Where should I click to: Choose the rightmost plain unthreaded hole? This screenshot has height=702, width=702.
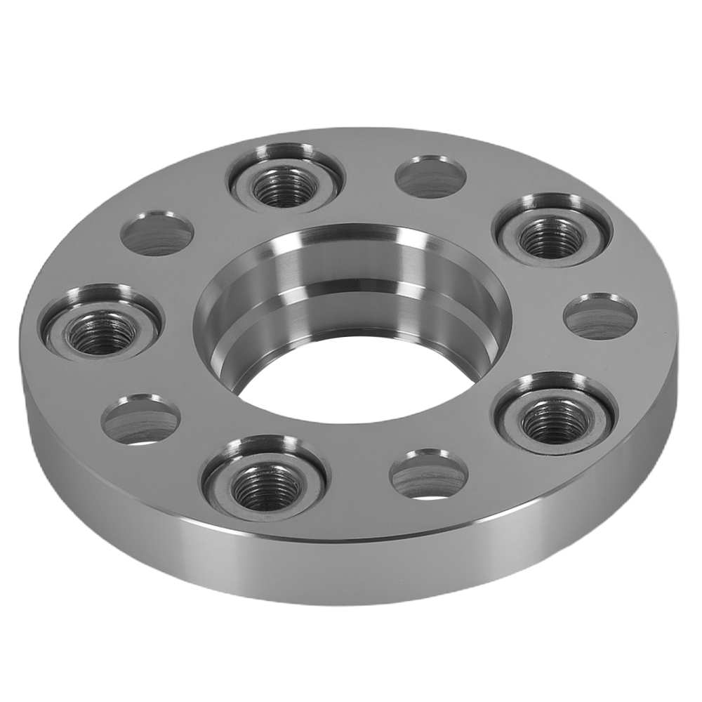coord(600,317)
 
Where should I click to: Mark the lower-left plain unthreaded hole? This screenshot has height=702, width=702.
coord(140,420)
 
